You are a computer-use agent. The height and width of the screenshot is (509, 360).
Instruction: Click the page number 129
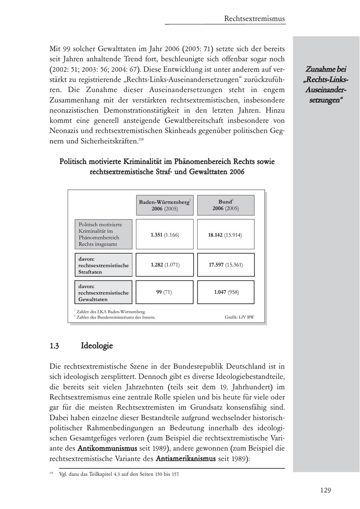pos(325,490)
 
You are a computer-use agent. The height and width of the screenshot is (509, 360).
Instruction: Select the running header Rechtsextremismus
pos(254,18)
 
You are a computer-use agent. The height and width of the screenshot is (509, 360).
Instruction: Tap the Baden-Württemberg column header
pos(164,205)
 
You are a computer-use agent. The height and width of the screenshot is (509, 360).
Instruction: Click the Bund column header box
pos(226,205)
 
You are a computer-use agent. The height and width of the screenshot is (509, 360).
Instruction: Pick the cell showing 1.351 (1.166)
pos(164,235)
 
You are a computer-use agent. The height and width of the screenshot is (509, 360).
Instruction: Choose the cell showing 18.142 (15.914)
pos(226,235)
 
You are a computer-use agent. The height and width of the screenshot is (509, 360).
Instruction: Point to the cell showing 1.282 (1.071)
pos(164,265)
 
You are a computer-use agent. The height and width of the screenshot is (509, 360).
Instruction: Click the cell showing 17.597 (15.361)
pos(226,265)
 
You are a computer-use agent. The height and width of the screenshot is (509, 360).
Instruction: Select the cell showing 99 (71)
pos(164,292)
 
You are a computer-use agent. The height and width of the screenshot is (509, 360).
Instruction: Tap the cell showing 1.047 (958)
pos(226,292)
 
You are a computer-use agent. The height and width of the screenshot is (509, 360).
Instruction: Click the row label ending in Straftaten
pos(104,265)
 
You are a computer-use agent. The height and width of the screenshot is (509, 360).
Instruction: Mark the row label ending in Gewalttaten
pos(104,292)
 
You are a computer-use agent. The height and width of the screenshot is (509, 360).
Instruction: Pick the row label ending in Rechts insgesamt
pos(104,234)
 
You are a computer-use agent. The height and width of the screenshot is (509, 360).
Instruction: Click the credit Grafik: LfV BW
pos(239,318)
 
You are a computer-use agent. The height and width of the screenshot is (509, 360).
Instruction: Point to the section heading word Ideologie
pos(97,345)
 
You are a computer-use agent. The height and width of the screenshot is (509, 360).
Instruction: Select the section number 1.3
pos(54,346)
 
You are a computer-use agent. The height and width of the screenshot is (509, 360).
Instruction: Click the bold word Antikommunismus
pos(107,448)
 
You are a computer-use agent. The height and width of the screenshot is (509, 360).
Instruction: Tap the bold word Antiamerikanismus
pos(185,459)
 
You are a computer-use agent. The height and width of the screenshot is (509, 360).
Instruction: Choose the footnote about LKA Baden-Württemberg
pos(110,312)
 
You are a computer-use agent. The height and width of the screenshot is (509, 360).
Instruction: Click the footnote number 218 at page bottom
pos(52,473)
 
